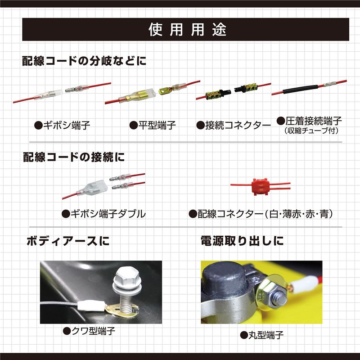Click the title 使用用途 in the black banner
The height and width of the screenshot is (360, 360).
(187, 30)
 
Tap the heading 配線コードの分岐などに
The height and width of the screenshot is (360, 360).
(84, 61)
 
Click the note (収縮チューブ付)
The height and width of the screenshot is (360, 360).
(311, 130)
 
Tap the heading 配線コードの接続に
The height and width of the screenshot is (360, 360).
(74, 157)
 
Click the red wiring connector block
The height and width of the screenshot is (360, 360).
(260, 187)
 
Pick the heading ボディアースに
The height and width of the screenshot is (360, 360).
(68, 241)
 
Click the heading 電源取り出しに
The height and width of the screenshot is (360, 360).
(242, 241)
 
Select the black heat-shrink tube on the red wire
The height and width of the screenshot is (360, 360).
(300, 89)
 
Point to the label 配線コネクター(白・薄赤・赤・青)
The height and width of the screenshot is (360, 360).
(261, 214)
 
